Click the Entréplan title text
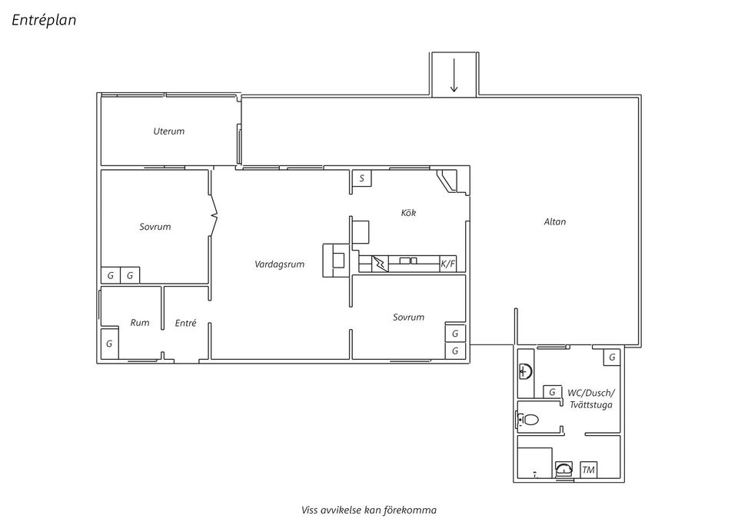coord(44,20)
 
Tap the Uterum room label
coord(168,131)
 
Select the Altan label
coord(555,221)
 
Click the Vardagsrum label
coord(280,264)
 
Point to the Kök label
coord(408,213)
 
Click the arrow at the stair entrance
coord(454,76)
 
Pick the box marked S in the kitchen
coord(361,178)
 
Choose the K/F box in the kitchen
coord(448,264)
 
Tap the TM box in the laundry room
coord(588,470)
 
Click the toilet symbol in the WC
coord(528,419)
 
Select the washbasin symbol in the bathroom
coord(526,371)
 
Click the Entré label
coord(185,323)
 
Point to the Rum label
coord(140,322)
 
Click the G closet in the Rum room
coord(109,344)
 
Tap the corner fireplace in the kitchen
coord(447,181)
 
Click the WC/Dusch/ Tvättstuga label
coord(591,399)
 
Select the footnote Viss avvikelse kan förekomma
coord(369,510)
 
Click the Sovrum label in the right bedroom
coord(408,318)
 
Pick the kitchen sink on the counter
coord(408,261)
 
